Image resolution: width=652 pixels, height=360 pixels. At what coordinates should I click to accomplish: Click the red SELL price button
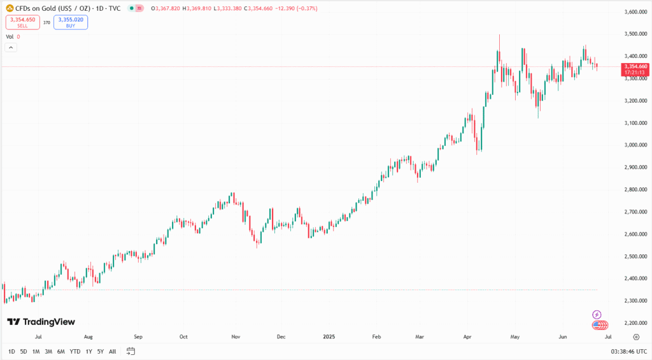pyautogui.click(x=22, y=22)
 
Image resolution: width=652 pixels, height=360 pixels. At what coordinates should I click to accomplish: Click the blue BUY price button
pyautogui.click(x=71, y=22)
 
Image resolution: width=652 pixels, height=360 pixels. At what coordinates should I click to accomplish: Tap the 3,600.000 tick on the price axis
pyautogui.click(x=635, y=11)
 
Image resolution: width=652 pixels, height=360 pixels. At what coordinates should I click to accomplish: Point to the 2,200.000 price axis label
pyautogui.click(x=635, y=322)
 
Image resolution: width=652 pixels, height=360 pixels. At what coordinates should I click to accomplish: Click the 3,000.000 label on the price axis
pyautogui.click(x=635, y=145)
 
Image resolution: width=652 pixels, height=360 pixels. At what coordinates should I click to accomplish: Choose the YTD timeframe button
pyautogui.click(x=75, y=351)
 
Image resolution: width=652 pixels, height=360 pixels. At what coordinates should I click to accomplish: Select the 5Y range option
pyautogui.click(x=101, y=351)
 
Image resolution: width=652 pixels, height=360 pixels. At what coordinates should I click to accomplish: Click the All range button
pyautogui.click(x=113, y=351)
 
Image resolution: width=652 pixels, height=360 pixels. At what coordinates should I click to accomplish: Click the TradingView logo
pyautogui.click(x=41, y=322)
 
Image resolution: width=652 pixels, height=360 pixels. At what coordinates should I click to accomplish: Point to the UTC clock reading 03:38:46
pyautogui.click(x=628, y=351)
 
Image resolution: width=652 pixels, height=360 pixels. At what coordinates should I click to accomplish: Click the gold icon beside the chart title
pyautogui.click(x=10, y=8)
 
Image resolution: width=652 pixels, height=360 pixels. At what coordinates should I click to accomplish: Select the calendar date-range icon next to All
pyautogui.click(x=131, y=351)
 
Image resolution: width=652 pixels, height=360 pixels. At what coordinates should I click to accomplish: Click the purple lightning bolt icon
pyautogui.click(x=597, y=314)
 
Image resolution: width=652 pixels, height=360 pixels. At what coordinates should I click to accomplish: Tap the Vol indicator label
pyautogui.click(x=10, y=37)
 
